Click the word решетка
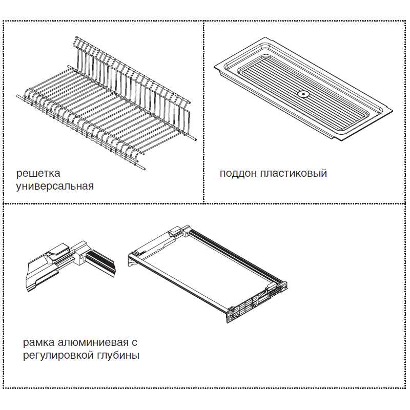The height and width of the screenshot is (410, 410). point(38,173)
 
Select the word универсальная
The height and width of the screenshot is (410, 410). point(55,187)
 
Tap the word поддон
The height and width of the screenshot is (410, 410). point(238,174)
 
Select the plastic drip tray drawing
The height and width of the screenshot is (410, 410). point(303,89)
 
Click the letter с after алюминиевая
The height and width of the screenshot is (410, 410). point(134,343)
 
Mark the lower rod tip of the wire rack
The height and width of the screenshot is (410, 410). point(144,169)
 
